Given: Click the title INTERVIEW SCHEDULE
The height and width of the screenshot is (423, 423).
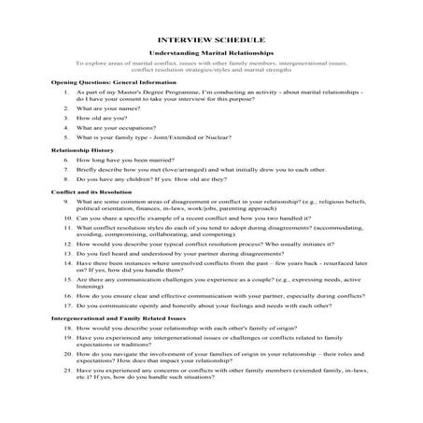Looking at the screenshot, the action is pyautogui.click(x=210, y=41).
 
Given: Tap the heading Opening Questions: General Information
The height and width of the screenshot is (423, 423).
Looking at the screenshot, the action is pyautogui.click(x=110, y=82).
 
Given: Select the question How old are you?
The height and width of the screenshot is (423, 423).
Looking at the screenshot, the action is pyautogui.click(x=104, y=118).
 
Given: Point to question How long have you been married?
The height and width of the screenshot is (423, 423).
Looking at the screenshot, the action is pyautogui.click(x=131, y=160).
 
